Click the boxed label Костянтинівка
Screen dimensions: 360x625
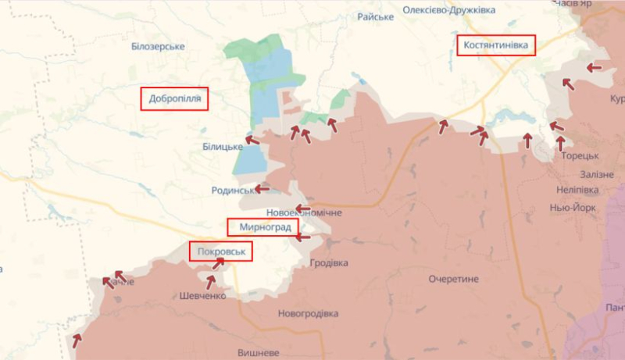tap(496, 45)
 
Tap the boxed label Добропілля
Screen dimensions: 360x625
tap(174, 99)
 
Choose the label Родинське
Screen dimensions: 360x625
tap(234, 190)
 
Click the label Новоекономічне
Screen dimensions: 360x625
tap(303, 212)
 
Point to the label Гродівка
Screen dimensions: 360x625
tap(328, 262)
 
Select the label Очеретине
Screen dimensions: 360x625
tap(453, 279)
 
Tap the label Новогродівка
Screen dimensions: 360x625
tap(308, 313)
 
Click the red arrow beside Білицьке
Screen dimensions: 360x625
tap(252, 141)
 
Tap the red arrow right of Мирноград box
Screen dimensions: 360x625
tap(303, 236)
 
